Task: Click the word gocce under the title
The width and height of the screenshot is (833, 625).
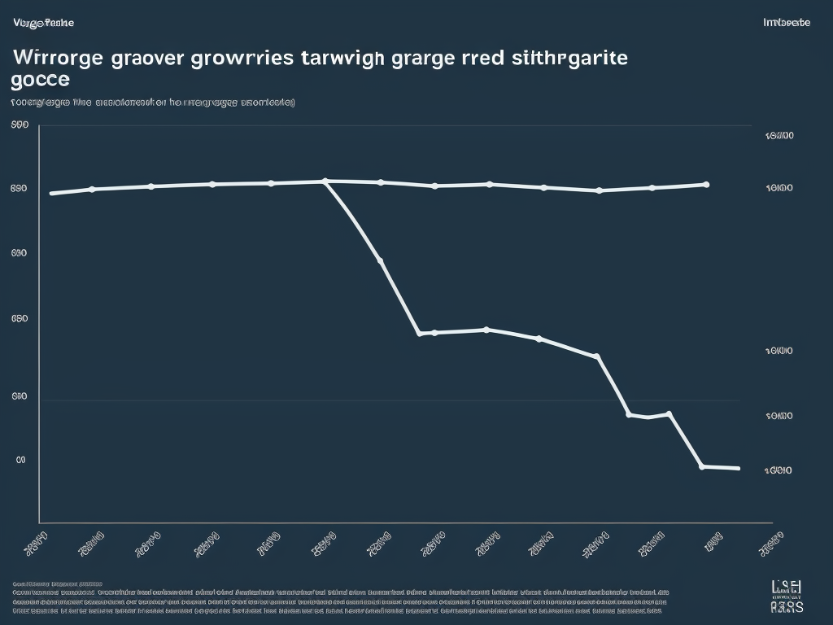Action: (x=41, y=81)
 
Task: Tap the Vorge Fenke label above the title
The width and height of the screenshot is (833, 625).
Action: (x=44, y=23)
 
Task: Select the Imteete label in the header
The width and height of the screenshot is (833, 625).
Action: (x=787, y=23)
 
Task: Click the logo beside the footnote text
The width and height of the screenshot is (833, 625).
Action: (x=787, y=596)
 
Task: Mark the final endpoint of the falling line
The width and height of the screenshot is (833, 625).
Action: (x=738, y=469)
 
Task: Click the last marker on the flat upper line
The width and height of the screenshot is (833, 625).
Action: (x=706, y=185)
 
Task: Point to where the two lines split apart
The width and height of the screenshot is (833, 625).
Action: (x=325, y=181)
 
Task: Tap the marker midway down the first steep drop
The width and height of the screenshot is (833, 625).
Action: (x=381, y=261)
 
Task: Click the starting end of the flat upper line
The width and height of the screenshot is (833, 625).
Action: (x=51, y=194)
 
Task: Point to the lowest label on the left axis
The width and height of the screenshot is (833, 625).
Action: (x=21, y=460)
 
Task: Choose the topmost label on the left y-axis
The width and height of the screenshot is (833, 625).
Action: (x=20, y=125)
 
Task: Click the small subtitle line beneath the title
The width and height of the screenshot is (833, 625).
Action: (x=153, y=103)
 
